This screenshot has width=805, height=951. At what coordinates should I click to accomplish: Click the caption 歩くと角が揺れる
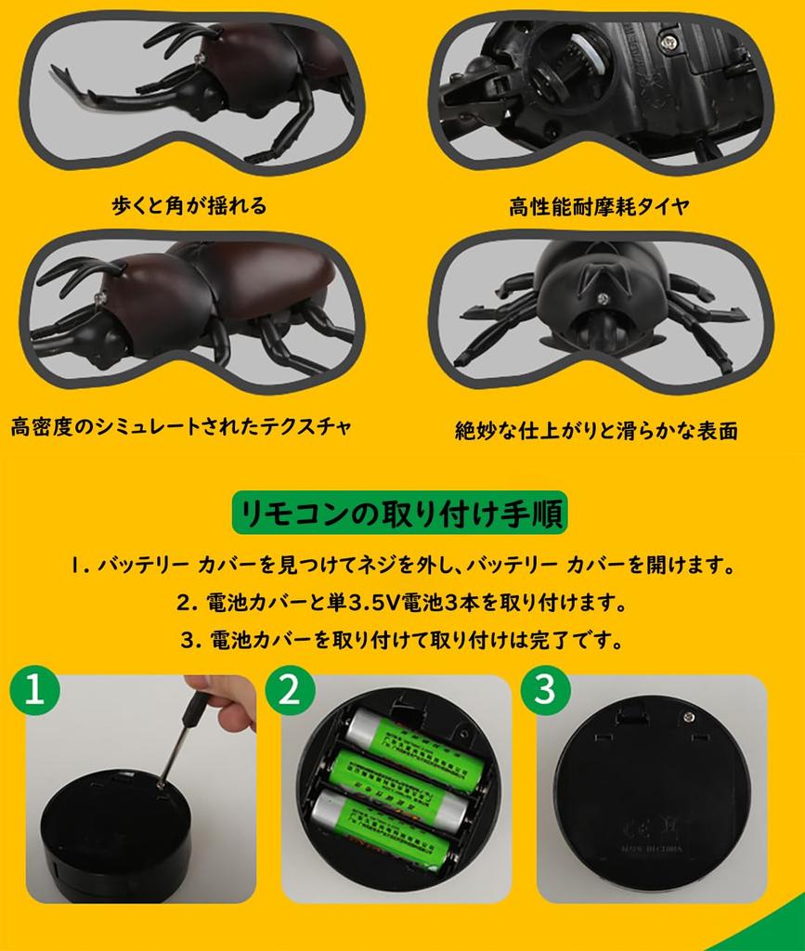coord(188,205)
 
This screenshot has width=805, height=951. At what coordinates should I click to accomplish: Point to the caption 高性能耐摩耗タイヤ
coord(599,206)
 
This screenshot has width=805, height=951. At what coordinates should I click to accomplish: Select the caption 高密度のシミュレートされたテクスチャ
coord(181,427)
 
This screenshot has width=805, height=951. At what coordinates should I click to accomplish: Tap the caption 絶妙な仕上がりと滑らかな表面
coord(596,431)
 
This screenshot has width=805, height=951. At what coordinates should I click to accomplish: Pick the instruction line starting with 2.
coord(401,602)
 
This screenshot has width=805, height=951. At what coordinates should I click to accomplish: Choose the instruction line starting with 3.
coord(401,640)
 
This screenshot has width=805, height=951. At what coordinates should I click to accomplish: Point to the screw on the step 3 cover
coord(688,714)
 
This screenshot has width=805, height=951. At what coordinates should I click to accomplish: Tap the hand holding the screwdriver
coord(226,700)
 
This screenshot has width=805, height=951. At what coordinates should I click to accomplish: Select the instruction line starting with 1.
coord(401,564)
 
